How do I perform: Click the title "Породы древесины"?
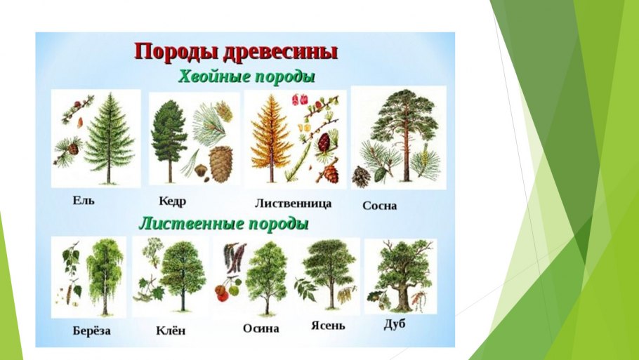coord(235,51)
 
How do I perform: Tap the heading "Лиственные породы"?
coord(224,225)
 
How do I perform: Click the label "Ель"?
coord(83,200)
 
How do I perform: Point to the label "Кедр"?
coord(173,201)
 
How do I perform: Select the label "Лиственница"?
coord(293,203)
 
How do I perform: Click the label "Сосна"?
coord(380,206)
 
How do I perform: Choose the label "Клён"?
coord(171,331)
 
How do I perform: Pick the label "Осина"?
coord(261,328)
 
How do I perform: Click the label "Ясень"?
coord(328,326)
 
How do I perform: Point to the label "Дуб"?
coord(395,324)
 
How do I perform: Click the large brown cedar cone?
coord(220,164)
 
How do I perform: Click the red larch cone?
coord(324,142)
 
